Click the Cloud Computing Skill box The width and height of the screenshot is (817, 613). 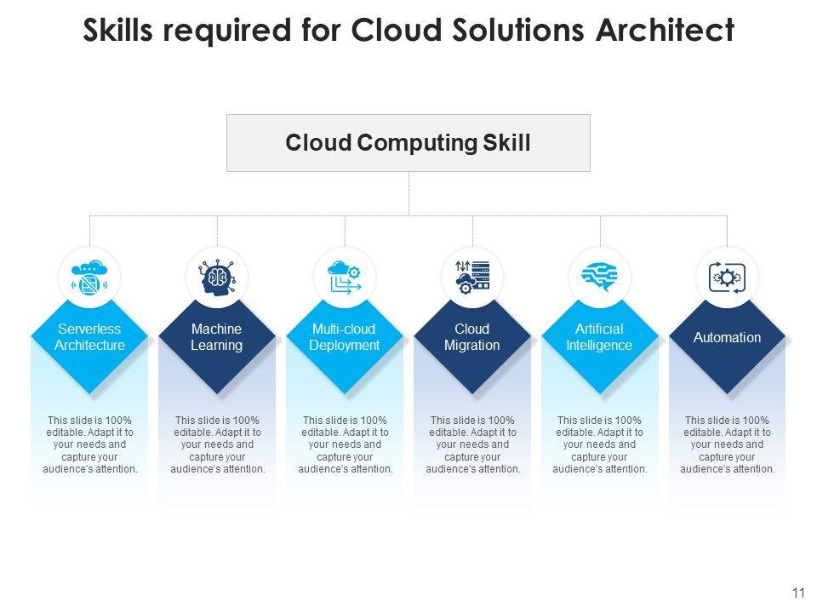point(408,143)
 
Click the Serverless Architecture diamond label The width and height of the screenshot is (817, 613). point(89,337)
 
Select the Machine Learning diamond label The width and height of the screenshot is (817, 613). point(217,337)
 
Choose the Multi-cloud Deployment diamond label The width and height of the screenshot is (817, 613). point(345,337)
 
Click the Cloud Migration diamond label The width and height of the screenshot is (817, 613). point(472,337)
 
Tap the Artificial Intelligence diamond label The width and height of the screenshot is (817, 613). point(600,337)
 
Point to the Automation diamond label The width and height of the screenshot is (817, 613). point(728,338)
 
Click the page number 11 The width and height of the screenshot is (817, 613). point(797,593)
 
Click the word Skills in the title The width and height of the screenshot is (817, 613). point(120,30)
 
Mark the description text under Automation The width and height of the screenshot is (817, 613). point(728,444)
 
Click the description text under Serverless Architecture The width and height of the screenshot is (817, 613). point(89,444)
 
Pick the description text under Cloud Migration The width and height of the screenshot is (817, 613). point(472,444)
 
